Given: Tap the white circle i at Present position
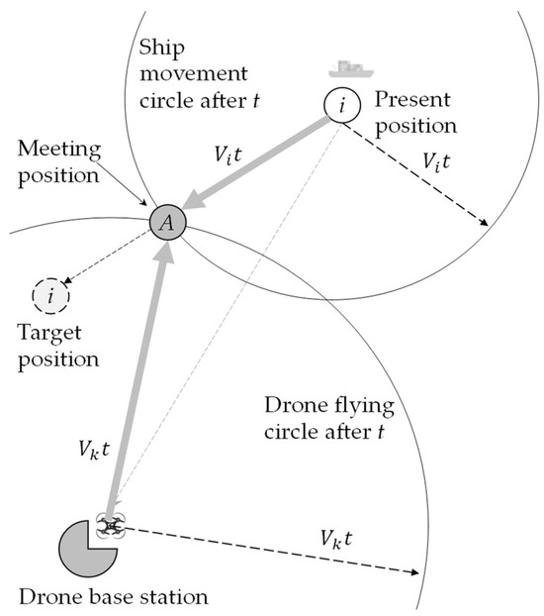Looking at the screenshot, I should [x=341, y=105].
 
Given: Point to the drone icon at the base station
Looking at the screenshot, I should [x=109, y=526].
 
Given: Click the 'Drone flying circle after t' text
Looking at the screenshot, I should [x=329, y=419].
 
